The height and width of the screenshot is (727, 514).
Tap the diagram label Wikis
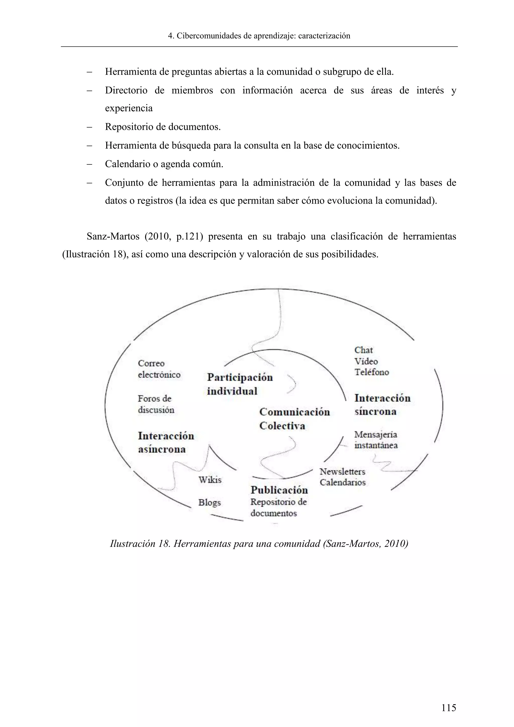210,480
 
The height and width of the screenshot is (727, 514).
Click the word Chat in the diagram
363,350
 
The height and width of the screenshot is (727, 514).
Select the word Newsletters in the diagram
342,471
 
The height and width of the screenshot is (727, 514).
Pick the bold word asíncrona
162,449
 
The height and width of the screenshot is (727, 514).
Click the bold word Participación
240,377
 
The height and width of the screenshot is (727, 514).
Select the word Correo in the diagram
151,363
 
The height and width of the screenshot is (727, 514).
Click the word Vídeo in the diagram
366,361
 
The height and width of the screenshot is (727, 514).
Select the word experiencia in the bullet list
128,108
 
